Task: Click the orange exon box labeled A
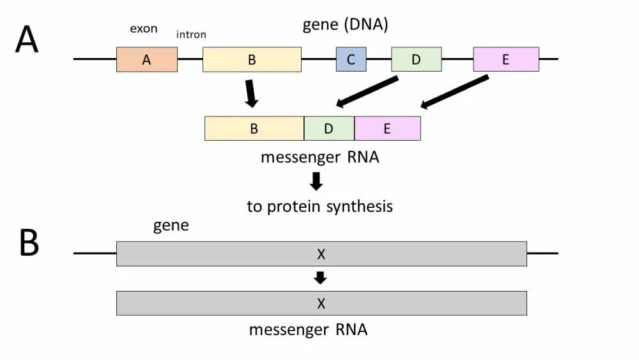[x=147, y=59]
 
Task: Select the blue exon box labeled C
[x=351, y=59]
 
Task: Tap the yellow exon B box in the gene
[x=252, y=59]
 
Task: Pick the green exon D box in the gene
[x=416, y=59]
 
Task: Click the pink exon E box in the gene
[x=505, y=59]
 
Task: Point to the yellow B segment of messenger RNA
[x=254, y=129]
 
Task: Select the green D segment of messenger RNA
[x=329, y=129]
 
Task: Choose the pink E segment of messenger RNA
[x=388, y=129]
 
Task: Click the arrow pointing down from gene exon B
[x=250, y=94]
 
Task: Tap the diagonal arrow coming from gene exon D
[x=367, y=91]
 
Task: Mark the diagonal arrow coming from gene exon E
[x=454, y=91]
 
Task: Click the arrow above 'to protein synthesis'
[x=316, y=182]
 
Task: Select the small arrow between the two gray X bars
[x=320, y=278]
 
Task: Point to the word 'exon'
[x=143, y=29]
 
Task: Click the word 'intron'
[x=191, y=35]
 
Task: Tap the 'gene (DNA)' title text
[x=345, y=24]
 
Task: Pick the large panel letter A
[x=27, y=39]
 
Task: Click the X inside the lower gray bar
[x=321, y=303]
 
